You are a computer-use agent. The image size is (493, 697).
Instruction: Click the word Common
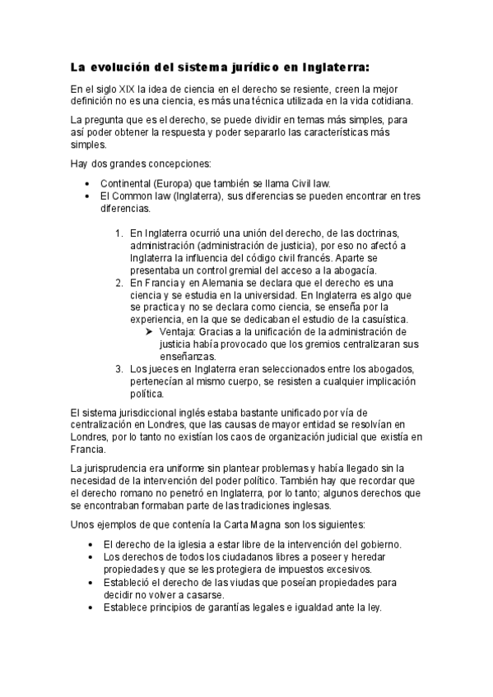point(134,197)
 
